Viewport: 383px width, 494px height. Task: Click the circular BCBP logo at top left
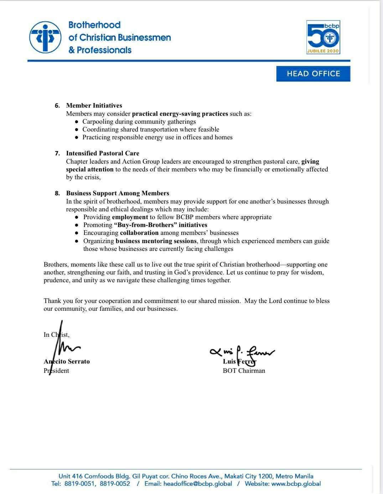(x=45, y=37)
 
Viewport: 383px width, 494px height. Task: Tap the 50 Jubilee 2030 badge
(x=323, y=37)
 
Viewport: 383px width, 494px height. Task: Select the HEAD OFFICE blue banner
(x=313, y=74)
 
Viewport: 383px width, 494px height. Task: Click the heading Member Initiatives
(x=94, y=106)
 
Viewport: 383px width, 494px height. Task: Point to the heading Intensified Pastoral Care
(x=103, y=153)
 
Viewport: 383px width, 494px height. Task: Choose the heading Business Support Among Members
(x=118, y=193)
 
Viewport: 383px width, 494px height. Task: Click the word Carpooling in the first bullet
(x=98, y=122)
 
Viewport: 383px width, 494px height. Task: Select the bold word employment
(x=130, y=217)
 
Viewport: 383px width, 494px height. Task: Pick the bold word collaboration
(x=139, y=233)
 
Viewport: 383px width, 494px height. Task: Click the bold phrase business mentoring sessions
(x=156, y=241)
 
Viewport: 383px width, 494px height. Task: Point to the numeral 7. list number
(x=57, y=153)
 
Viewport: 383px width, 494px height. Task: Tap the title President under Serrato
(x=56, y=371)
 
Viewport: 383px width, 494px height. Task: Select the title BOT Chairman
(x=244, y=371)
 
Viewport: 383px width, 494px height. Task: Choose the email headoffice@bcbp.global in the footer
(x=198, y=484)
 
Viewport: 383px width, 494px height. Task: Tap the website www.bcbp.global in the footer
(x=296, y=484)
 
